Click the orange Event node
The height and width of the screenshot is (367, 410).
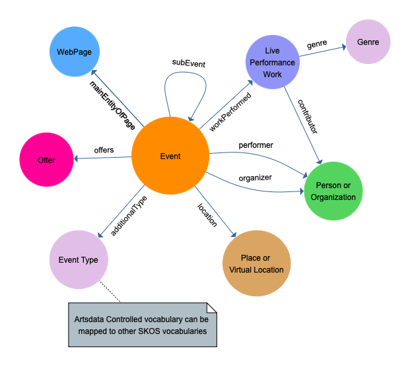[170, 156]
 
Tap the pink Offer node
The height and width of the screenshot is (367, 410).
[46, 160]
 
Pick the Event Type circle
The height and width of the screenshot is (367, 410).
[79, 259]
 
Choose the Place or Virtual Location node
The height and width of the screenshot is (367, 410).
[256, 263]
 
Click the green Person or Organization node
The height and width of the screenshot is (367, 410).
[333, 191]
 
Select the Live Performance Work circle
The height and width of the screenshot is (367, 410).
[272, 63]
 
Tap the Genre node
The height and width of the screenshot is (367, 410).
[368, 42]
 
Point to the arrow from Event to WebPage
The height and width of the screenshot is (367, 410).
[117, 97]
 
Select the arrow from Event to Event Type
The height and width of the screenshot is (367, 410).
[121, 211]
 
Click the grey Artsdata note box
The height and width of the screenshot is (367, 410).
[142, 325]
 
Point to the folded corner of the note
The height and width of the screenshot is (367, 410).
[211, 308]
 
